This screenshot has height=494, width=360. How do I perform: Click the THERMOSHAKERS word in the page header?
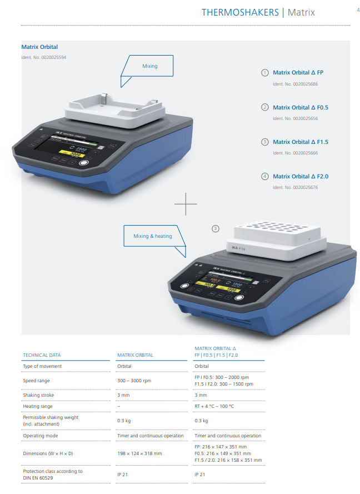[x=240, y=12]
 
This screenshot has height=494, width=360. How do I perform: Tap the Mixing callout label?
[x=150, y=66]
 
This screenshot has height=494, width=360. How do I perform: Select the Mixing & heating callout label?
[x=153, y=236]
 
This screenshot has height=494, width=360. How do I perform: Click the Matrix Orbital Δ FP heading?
[x=298, y=72]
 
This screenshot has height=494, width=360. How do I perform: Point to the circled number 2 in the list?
[x=265, y=107]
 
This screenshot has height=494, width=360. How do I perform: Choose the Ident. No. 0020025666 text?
[x=295, y=153]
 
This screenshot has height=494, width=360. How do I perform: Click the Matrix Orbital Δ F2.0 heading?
[x=301, y=177]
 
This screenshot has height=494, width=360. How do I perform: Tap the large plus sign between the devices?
[x=186, y=204]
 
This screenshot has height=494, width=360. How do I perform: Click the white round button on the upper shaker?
[x=84, y=163]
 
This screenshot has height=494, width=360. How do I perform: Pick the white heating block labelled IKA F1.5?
[x=277, y=241]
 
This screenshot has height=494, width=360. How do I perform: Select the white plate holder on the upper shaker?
[x=115, y=110]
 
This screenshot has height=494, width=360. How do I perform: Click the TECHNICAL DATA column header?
[x=42, y=355]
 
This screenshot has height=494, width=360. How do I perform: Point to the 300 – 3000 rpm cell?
[x=134, y=381]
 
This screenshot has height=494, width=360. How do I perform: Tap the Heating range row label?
[x=38, y=406]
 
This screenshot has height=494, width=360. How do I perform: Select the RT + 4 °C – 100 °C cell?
[x=214, y=406]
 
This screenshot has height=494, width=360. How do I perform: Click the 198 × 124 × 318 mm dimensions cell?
[x=139, y=453]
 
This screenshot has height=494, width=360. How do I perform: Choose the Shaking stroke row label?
[x=38, y=395]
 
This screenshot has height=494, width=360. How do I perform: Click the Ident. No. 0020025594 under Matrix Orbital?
[x=44, y=57]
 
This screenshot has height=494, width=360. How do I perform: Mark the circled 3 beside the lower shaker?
[x=216, y=229]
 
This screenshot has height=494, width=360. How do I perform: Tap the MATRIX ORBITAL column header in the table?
[x=136, y=355]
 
